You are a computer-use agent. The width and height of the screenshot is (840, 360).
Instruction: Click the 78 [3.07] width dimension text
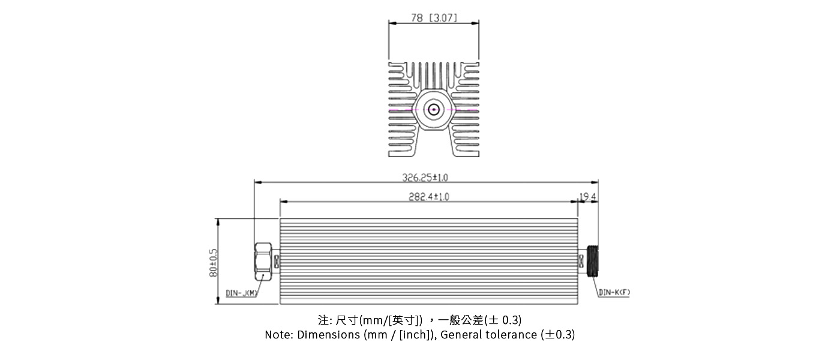(434, 18)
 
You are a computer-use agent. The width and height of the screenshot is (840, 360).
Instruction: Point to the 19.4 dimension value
(588, 196)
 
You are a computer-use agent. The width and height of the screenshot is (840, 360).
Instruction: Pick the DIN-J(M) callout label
(242, 293)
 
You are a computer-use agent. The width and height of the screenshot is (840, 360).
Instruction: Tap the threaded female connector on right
(593, 262)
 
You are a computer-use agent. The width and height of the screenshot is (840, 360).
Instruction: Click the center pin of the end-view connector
(434, 110)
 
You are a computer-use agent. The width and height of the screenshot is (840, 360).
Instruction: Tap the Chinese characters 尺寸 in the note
(346, 319)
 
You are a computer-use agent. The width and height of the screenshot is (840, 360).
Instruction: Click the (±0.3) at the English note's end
(557, 335)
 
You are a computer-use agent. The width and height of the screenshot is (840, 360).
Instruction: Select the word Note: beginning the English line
(280, 335)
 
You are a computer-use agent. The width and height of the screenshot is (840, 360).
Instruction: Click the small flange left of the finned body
(277, 262)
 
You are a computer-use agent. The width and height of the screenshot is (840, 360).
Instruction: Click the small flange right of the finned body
(581, 262)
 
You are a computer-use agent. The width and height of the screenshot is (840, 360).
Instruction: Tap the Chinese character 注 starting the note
(323, 319)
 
